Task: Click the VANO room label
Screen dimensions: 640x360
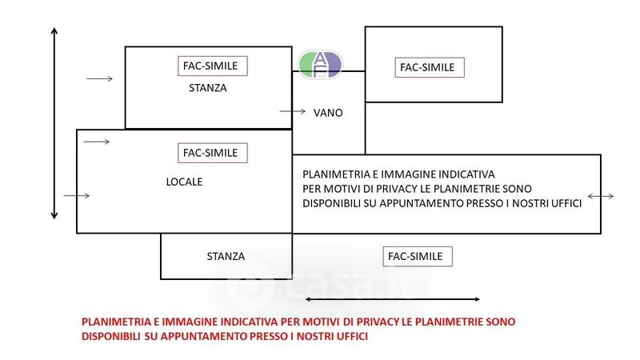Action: pos(328,113)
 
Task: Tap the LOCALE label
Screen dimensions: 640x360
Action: pos(184,182)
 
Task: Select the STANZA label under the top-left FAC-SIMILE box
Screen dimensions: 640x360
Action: pos(207,88)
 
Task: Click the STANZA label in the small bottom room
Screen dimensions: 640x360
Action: pos(226,256)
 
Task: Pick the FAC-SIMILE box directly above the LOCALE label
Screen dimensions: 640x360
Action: pos(213,153)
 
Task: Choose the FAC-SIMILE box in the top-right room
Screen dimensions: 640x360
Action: pos(430,67)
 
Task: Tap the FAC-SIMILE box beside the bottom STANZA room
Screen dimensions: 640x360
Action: pos(418,256)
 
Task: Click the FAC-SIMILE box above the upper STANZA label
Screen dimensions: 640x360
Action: pos(213,66)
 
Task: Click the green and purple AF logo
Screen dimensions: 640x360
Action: pos(320,65)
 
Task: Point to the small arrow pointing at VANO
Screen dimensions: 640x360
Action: pos(292,111)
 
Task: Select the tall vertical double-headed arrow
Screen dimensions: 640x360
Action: pos(54,124)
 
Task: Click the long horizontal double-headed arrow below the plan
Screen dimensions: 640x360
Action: pos(392,299)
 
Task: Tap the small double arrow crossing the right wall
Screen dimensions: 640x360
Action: pos(601,196)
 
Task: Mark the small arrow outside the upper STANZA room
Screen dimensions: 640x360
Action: pos(99,78)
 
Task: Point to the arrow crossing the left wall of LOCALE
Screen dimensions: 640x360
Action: pos(76,195)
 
